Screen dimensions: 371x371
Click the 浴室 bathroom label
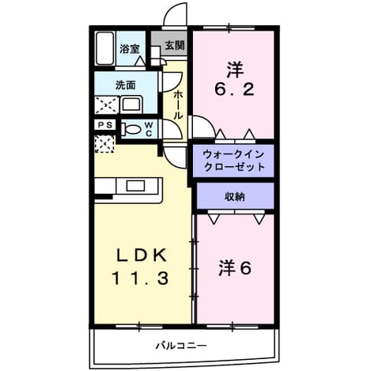pyautogui.click(x=130, y=49)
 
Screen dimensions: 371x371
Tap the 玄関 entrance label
pyautogui.click(x=175, y=45)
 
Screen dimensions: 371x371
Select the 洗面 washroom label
pyautogui.click(x=126, y=85)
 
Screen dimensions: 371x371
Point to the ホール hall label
pyautogui.click(x=178, y=104)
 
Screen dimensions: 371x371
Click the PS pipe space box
pyautogui.click(x=105, y=125)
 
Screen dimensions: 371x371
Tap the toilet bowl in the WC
pyautogui.click(x=131, y=130)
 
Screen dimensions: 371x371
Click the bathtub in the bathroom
pyautogui.click(x=104, y=48)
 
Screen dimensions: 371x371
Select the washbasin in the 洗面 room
pyautogui.click(x=131, y=104)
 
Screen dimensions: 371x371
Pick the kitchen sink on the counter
pyautogui.click(x=135, y=186)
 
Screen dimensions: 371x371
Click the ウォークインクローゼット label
pyautogui.click(x=233, y=161)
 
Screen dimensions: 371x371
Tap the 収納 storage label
pyautogui.click(x=235, y=197)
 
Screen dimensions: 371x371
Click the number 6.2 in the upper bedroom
pyautogui.click(x=234, y=90)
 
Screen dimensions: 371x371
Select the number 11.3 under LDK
pyautogui.click(x=140, y=278)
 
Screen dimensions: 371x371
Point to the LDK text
pyautogui.click(x=142, y=255)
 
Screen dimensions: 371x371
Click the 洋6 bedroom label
pyautogui.click(x=234, y=268)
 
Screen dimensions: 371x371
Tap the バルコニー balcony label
pyautogui.click(x=180, y=345)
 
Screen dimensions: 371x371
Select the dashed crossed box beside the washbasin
pyautogui.click(x=107, y=105)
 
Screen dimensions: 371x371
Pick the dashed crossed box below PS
pyautogui.click(x=104, y=143)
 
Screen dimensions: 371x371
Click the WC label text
pyautogui.click(x=149, y=129)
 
